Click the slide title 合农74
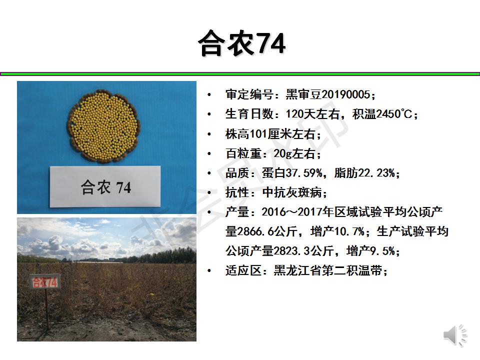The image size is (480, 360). tap(242, 43)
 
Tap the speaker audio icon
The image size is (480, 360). tap(455, 335)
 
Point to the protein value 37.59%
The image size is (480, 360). tap(304, 173)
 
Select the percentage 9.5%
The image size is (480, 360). tap(382, 251)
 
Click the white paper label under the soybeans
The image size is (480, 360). tap(105, 186)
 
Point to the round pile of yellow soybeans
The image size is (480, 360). tap(103, 126)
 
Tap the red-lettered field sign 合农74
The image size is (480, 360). tap(44, 282)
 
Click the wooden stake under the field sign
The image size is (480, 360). tap(47, 309)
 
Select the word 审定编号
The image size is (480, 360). tap(249, 94)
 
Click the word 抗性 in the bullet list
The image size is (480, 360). tap(237, 192)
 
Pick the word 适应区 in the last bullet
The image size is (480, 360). tap(243, 270)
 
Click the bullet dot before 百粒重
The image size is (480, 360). tap(209, 153)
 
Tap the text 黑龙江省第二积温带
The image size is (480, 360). tap(328, 270)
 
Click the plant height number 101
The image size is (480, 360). tap(258, 134)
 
